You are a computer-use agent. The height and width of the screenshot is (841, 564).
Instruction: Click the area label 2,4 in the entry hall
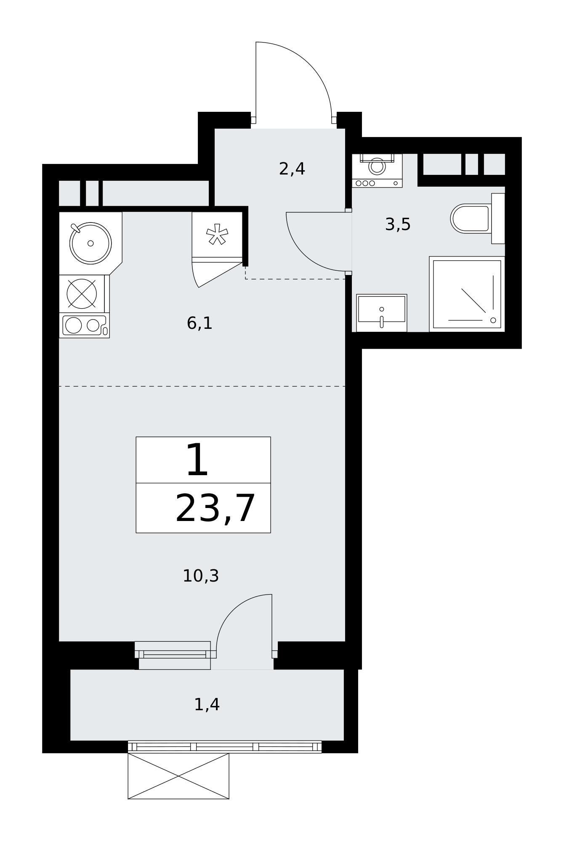(292, 169)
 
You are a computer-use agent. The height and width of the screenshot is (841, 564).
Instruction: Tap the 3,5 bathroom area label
(398, 225)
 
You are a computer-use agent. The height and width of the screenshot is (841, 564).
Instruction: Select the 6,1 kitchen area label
(200, 323)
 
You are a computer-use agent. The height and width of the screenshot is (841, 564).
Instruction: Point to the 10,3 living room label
(201, 576)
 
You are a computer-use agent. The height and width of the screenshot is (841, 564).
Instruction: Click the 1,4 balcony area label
(207, 705)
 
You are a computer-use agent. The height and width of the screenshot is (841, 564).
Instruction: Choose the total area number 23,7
(215, 509)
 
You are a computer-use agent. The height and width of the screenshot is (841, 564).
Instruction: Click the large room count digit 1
(197, 460)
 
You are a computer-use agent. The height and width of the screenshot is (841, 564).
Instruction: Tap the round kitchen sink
(90, 243)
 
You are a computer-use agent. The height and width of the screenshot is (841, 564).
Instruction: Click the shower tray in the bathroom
(467, 294)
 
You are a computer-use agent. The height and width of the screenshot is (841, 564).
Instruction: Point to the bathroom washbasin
(382, 313)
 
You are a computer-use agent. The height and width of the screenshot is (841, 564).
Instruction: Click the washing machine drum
(377, 167)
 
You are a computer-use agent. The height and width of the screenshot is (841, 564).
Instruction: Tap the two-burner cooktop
(84, 325)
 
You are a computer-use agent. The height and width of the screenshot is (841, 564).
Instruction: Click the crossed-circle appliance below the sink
(82, 294)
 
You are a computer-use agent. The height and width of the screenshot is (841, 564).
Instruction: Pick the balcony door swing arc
(233, 611)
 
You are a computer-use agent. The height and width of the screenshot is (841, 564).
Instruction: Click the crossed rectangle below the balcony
(178, 776)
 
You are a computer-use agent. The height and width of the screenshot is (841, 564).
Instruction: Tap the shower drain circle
(493, 320)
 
